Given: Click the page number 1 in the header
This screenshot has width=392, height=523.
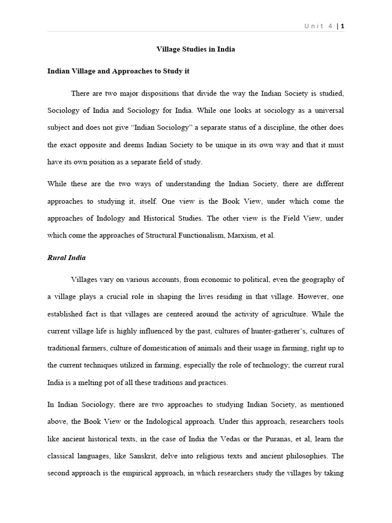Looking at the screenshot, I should tap(342, 26).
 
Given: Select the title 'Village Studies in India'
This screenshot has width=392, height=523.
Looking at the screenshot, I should tap(195, 50).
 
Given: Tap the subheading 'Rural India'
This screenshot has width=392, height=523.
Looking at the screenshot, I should tap(66, 257).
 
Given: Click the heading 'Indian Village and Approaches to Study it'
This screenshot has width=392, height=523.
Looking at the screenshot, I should tap(118, 71).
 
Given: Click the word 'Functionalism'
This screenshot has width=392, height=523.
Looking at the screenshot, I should tap(195, 235).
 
